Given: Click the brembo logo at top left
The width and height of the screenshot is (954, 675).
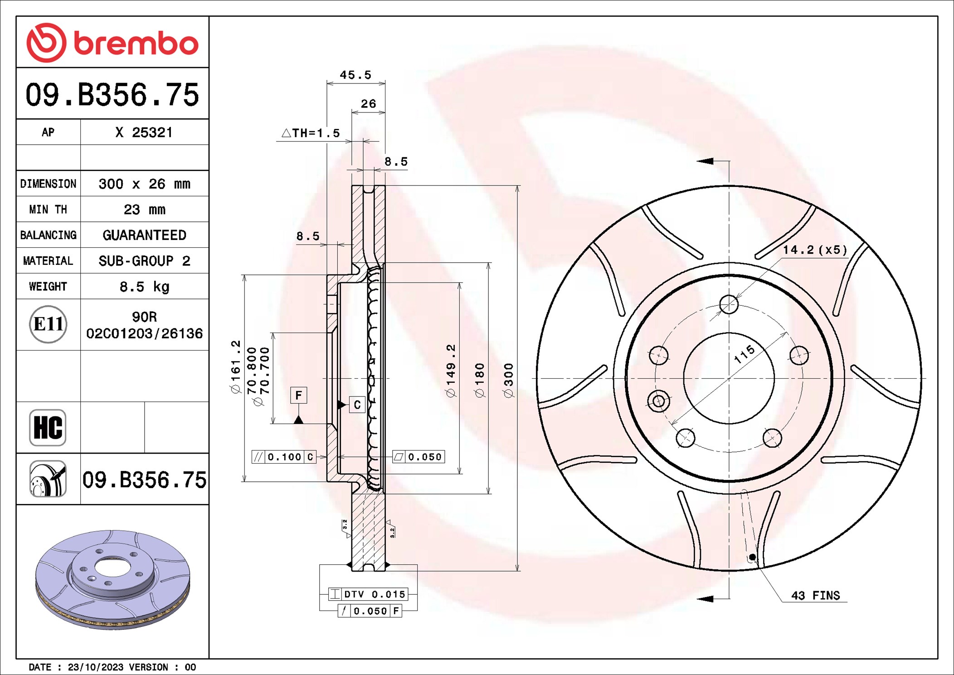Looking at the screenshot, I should pos(112,43).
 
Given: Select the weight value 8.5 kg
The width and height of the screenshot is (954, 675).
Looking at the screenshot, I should pos(144,287).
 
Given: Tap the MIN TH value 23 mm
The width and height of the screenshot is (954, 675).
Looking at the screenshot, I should pos(144,210).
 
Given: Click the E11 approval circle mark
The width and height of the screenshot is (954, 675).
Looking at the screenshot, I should pos(48,324).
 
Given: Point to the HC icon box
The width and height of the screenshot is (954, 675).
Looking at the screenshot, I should pos(48,427).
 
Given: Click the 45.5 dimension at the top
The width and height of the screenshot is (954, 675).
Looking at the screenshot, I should pos(355,75).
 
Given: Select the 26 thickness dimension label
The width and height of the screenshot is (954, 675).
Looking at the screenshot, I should pos(368,104).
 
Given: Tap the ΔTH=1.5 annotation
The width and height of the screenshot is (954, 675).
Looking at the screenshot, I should pos(311,133).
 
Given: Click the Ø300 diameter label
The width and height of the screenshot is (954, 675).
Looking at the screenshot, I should pos(509,380).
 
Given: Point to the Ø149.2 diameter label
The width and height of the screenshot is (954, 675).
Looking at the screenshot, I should pos(451,371).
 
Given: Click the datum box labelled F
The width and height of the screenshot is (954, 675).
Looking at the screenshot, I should pos(298,395).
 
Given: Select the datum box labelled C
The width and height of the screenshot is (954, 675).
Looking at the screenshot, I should pos(357,405).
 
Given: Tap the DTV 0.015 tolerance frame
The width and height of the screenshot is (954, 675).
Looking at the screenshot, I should pos(368,594).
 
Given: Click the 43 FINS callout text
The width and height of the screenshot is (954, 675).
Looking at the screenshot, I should pos(815,596).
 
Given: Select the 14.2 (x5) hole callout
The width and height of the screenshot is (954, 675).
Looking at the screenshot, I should pos(815,250).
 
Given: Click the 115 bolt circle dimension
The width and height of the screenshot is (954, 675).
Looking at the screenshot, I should pos(745,354).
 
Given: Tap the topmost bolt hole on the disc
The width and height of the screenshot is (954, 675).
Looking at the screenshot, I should pos(729,304).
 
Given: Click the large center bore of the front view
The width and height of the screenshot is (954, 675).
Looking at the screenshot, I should pos(729,378).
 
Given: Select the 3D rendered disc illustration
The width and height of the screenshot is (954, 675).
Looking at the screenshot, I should pos(112,579).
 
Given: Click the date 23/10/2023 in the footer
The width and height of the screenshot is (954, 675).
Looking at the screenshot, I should pos(95,667).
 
